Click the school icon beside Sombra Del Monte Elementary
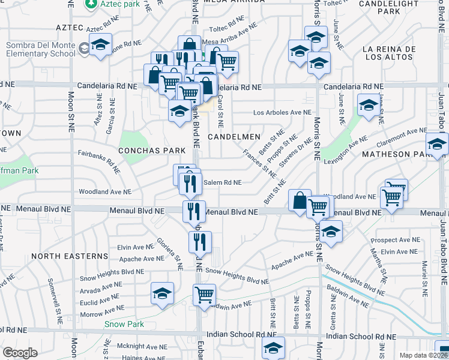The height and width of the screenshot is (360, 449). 100,45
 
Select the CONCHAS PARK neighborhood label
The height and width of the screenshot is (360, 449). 151,150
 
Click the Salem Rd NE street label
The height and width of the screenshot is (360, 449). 223,182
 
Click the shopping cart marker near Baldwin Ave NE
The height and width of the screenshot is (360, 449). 205,295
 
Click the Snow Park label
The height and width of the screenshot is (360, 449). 124,324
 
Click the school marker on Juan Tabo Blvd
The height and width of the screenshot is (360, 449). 437,144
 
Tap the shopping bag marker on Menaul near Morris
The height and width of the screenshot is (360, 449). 299,200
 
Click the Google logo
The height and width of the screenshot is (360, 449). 20,353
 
